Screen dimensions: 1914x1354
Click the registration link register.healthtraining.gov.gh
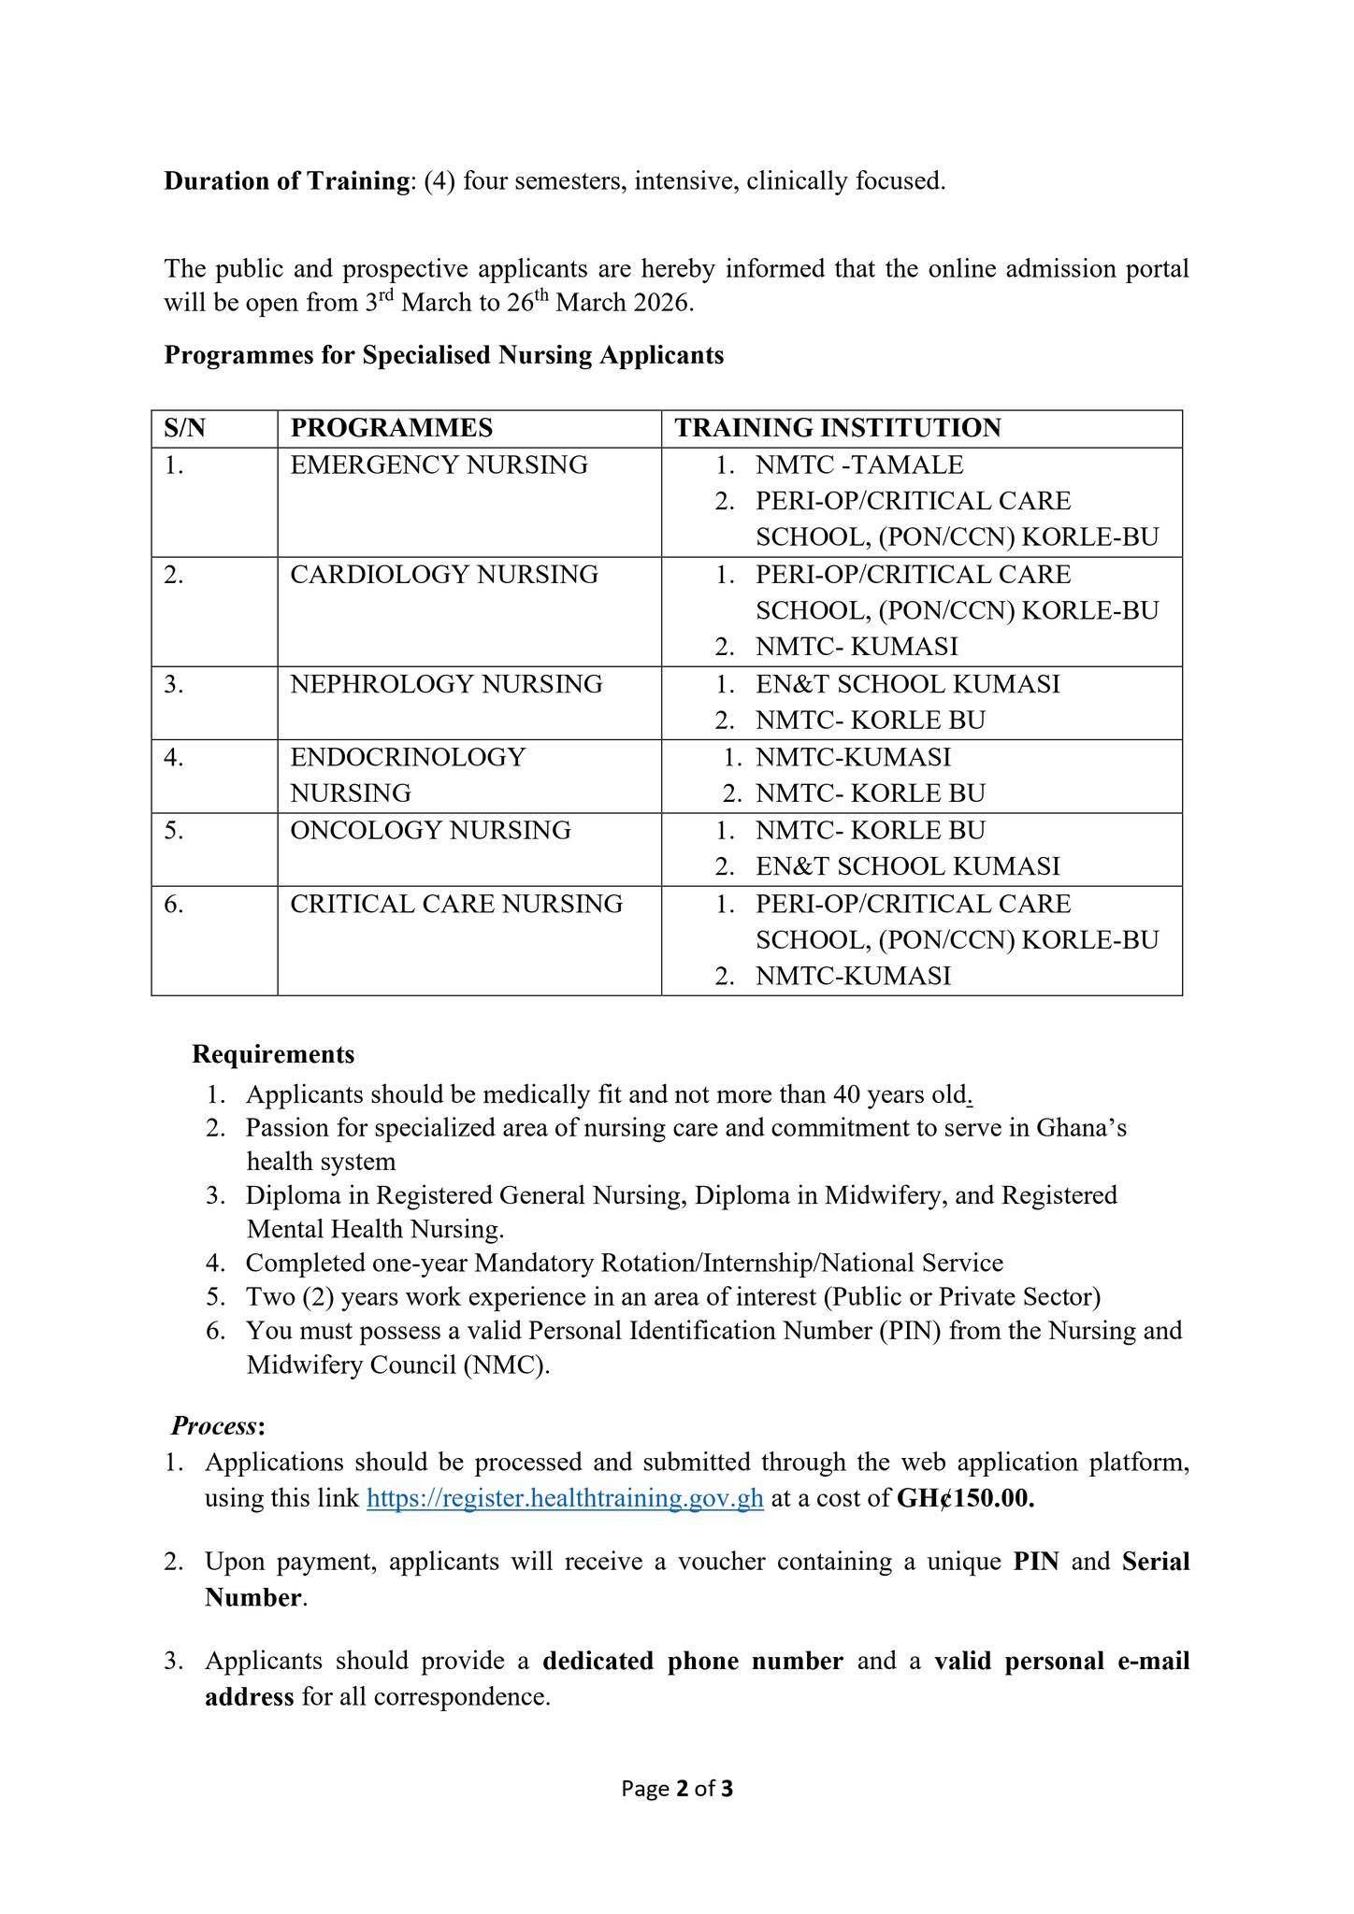[565, 1498]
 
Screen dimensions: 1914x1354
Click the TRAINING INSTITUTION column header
[838, 428]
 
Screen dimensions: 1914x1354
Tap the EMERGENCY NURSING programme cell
[439, 464]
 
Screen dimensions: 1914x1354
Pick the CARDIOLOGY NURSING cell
[443, 574]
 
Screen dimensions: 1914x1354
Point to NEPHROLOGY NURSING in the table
[446, 684]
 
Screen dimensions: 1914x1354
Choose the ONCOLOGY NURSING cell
[430, 830]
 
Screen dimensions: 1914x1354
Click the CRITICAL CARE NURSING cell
[456, 904]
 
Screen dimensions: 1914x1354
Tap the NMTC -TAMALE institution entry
[859, 464]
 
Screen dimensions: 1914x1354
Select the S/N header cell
[184, 428]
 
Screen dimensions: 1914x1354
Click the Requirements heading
[273, 1054]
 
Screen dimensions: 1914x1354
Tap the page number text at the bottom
[677, 1789]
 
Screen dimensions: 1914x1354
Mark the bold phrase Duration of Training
[283, 180]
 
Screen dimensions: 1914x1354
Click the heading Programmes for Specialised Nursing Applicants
[444, 355]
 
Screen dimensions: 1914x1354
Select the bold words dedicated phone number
[693, 1661]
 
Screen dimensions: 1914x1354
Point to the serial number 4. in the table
[174, 757]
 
